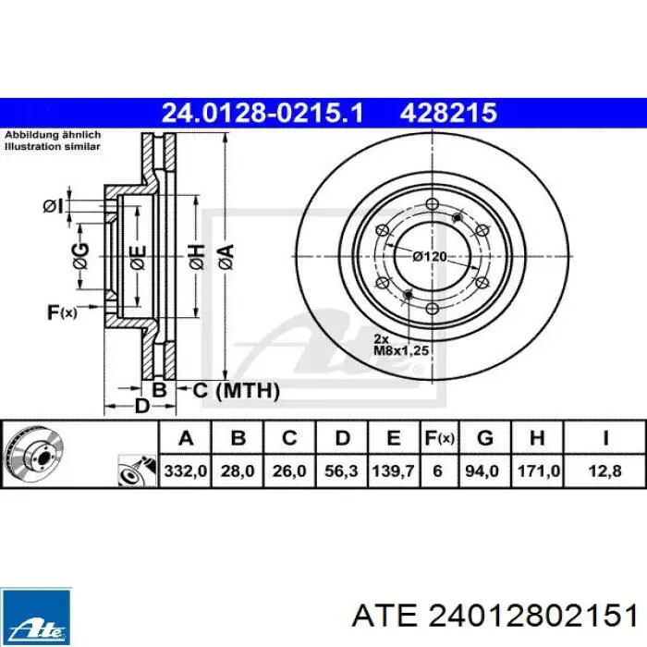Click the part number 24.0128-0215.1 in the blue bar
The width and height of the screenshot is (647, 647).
pyautogui.click(x=262, y=113)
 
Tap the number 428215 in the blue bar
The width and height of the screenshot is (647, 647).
pyautogui.click(x=448, y=113)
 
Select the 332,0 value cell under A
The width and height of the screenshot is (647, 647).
pyautogui.click(x=185, y=470)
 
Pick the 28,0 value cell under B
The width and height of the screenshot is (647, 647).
pyautogui.click(x=238, y=470)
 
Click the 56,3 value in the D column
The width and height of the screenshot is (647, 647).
pyautogui.click(x=342, y=470)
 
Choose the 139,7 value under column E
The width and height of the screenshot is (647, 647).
pyautogui.click(x=393, y=470)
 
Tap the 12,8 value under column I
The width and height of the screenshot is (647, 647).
pyautogui.click(x=604, y=470)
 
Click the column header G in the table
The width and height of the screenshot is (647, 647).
pyautogui.click(x=485, y=438)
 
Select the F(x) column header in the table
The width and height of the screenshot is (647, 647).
pyautogui.click(x=439, y=438)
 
